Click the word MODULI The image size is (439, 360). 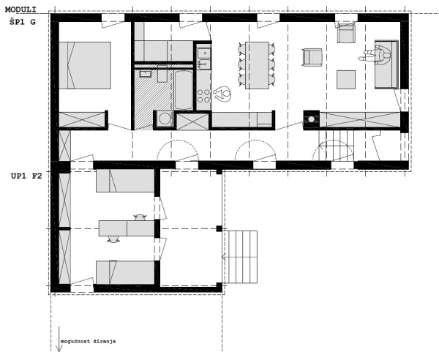click(20, 10)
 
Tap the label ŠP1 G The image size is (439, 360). click(23, 22)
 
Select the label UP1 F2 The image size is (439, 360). click(26, 176)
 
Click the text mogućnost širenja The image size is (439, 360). click(89, 341)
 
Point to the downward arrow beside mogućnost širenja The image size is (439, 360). click(59, 339)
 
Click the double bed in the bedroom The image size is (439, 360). click(85, 66)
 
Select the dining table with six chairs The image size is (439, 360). click(257, 66)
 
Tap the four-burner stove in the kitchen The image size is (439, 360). click(203, 96)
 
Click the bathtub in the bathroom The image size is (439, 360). click(184, 90)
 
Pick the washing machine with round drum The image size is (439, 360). click(165, 119)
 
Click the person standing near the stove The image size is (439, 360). click(222, 94)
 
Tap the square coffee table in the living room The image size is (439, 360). click(346, 80)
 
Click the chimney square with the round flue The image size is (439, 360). click(312, 119)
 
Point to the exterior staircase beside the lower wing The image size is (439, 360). click(241, 257)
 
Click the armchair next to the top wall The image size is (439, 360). click(346, 33)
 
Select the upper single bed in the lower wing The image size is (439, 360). click(125, 181)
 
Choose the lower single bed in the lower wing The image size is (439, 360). click(125, 272)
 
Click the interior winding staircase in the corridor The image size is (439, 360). click(336, 146)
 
